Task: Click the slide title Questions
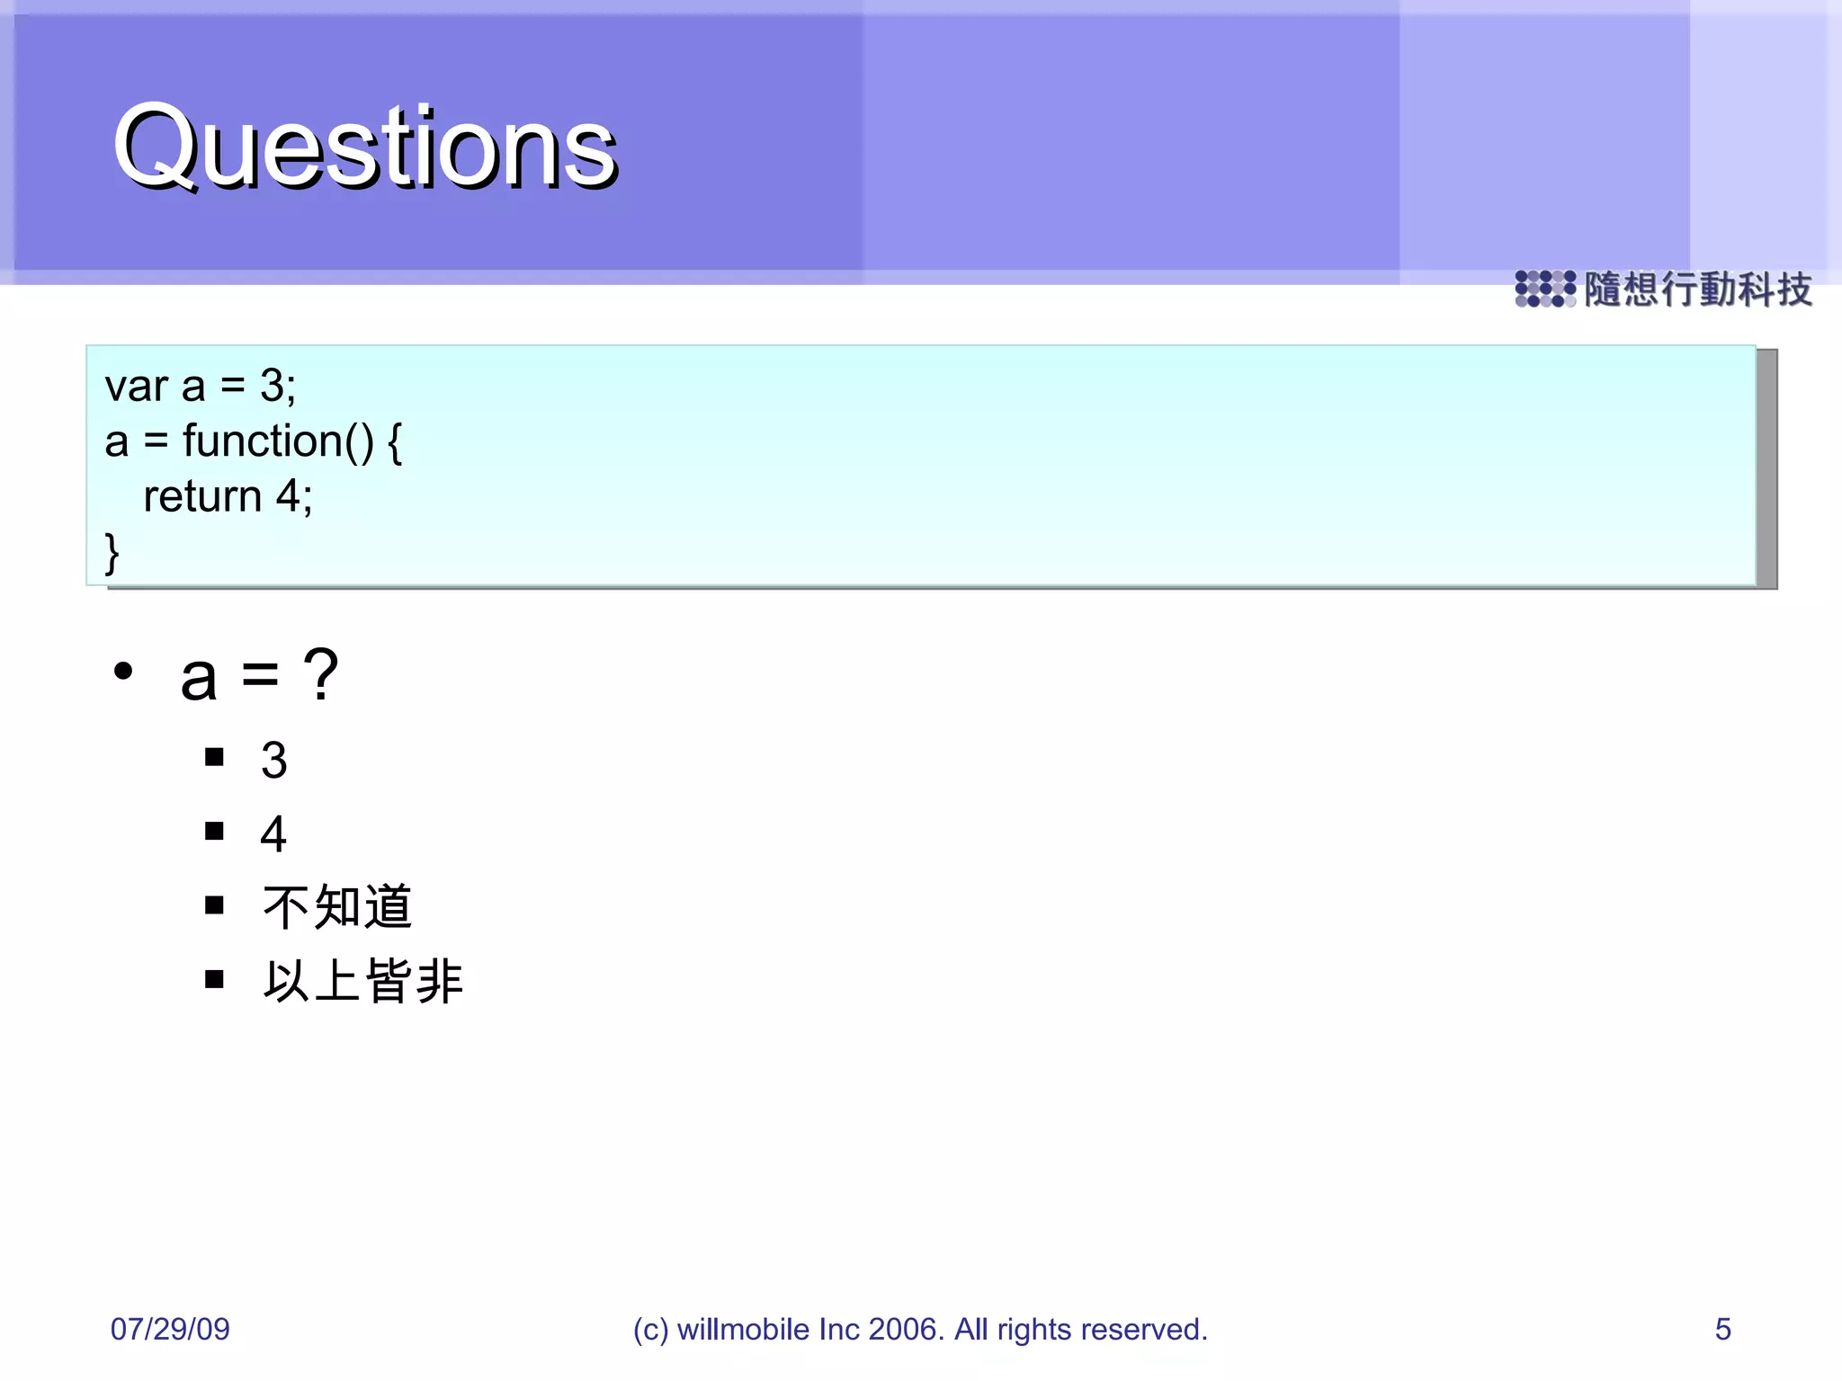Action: pos(364,147)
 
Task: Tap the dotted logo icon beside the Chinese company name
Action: pos(1544,289)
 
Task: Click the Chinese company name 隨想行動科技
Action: pos(1697,290)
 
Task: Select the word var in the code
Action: pos(136,387)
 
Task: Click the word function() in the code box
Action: pos(278,441)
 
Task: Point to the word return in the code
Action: pos(202,496)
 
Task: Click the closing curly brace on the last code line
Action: pos(112,552)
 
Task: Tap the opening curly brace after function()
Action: pos(395,442)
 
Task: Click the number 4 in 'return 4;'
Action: pos(289,496)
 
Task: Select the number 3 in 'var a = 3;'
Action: pos(272,387)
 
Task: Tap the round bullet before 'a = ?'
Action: pos(123,671)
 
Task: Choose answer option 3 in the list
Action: pos(273,760)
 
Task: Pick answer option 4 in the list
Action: pos(273,833)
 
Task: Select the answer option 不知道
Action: pos(337,906)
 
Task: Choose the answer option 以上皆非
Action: pos(362,980)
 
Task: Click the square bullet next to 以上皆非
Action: pos(214,978)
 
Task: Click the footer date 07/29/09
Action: pos(170,1329)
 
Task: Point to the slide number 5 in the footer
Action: pos(1722,1329)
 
